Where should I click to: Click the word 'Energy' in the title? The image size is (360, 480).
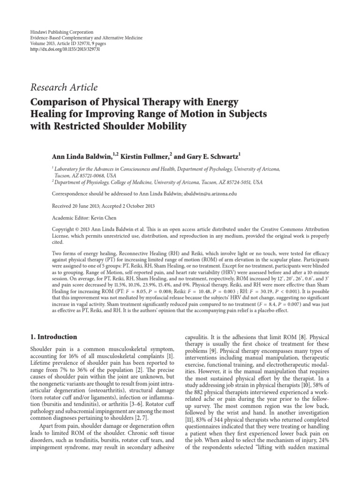coord(220,102)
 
